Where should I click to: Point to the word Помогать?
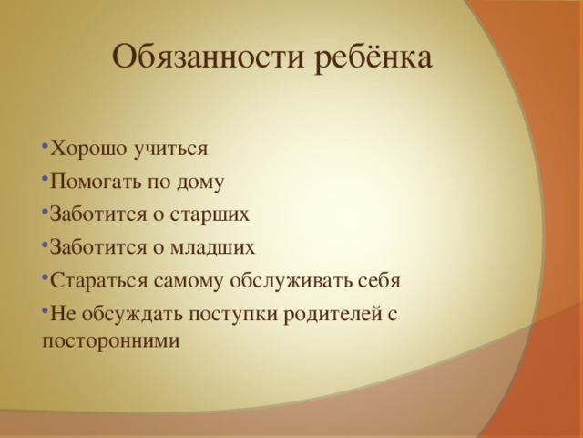[96, 182]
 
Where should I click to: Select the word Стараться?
[96, 280]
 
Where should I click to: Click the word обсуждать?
[126, 313]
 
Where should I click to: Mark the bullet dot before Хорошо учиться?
[46, 146]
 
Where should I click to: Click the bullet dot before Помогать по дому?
[46, 179]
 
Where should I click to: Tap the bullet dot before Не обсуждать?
[46, 310]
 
